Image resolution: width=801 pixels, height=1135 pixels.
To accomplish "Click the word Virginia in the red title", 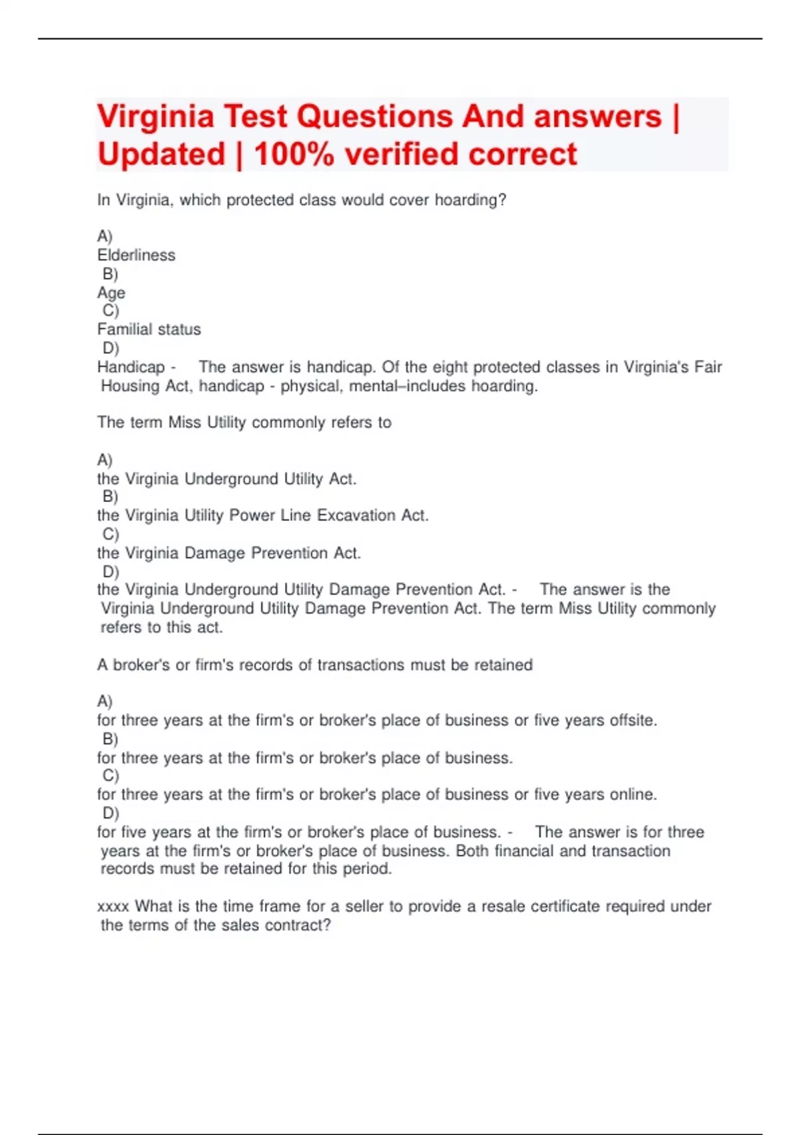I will tap(156, 118).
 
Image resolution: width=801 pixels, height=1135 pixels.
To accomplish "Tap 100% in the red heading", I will tap(294, 155).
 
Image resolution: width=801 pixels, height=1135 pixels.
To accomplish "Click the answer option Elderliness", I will tap(136, 255).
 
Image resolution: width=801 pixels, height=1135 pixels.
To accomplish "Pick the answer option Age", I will tap(111, 293).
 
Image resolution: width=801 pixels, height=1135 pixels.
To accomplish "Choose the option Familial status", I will tap(149, 329).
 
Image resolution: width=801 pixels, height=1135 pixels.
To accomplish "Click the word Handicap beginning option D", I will tap(131, 367).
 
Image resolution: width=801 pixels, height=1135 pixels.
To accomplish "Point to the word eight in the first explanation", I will tap(453, 367).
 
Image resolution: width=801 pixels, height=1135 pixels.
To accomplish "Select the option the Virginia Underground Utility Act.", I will tap(227, 479).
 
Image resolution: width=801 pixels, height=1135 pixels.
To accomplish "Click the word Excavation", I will tap(356, 515).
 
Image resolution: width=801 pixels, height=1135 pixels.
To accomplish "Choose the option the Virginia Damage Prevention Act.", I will tap(229, 553).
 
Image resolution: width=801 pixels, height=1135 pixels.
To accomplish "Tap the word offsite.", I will tap(633, 720).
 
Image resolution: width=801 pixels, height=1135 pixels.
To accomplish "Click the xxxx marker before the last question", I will tap(113, 907).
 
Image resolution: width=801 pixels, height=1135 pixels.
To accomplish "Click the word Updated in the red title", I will tap(162, 155).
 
